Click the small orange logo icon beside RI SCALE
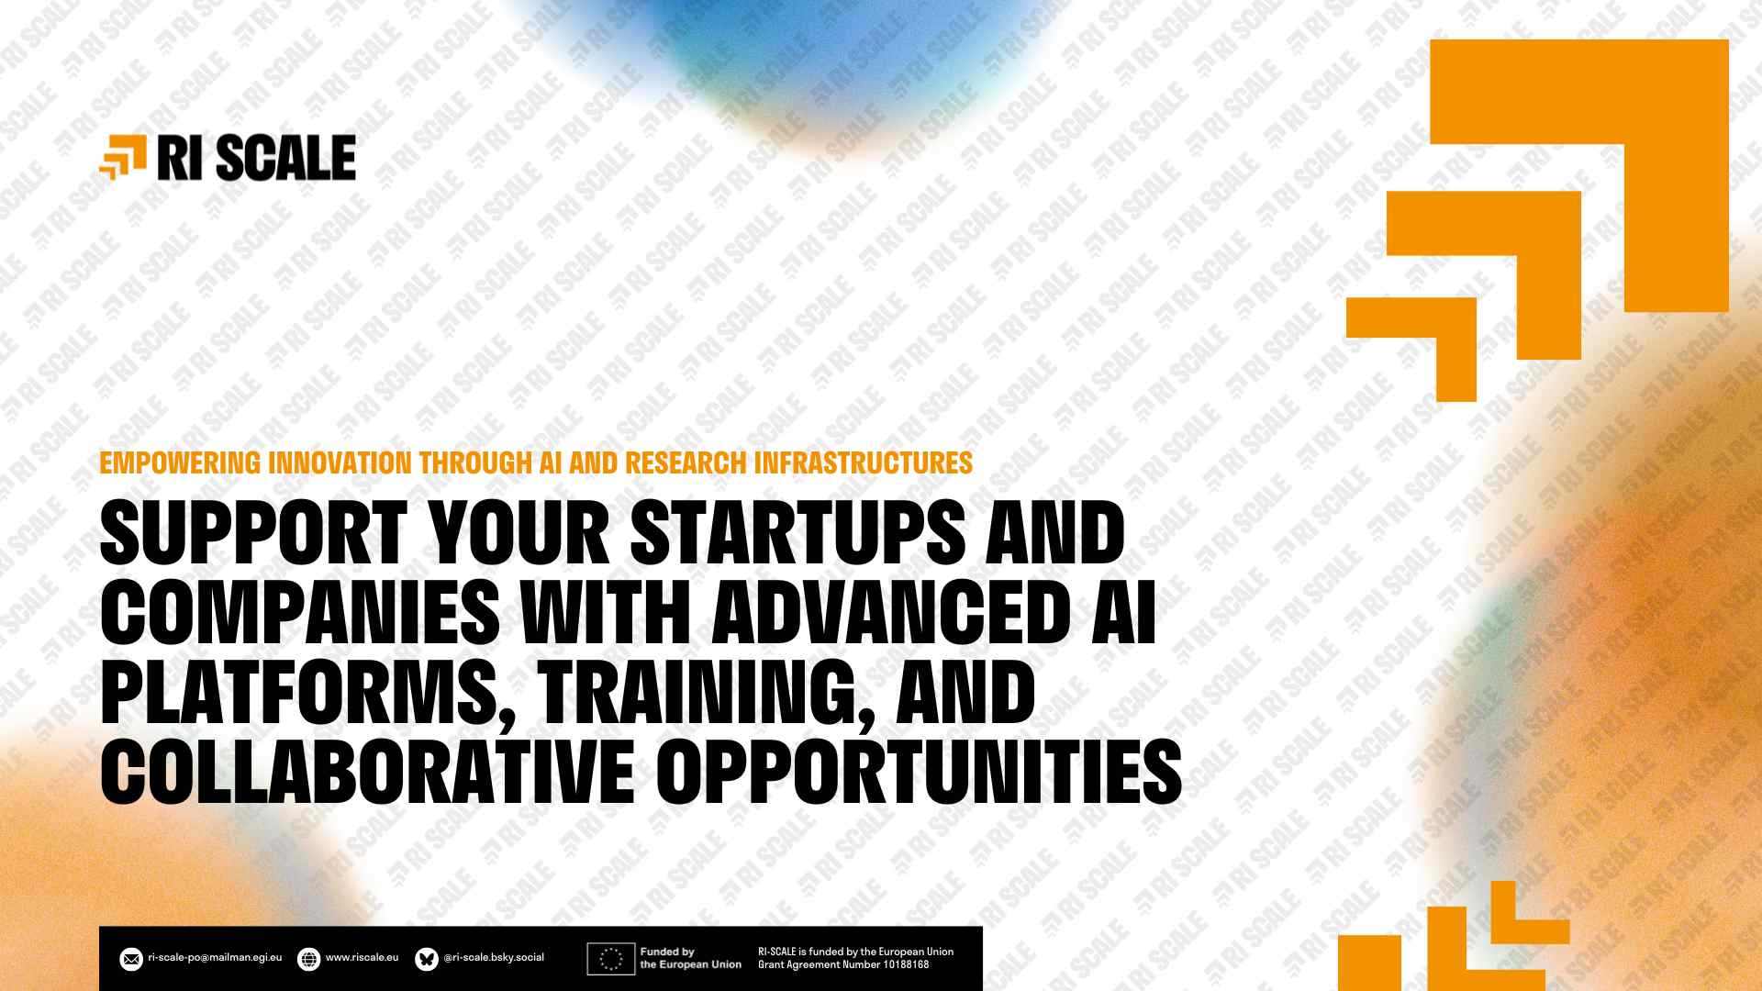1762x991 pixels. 123,157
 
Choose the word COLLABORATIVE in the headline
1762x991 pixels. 367,773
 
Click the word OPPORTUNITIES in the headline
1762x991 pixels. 919,773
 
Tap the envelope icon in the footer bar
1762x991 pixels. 131,959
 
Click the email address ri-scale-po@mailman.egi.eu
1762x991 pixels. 215,957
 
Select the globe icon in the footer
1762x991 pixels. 309,959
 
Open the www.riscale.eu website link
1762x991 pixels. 362,957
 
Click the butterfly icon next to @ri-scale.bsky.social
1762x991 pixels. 427,959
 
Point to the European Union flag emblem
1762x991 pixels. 610,959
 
